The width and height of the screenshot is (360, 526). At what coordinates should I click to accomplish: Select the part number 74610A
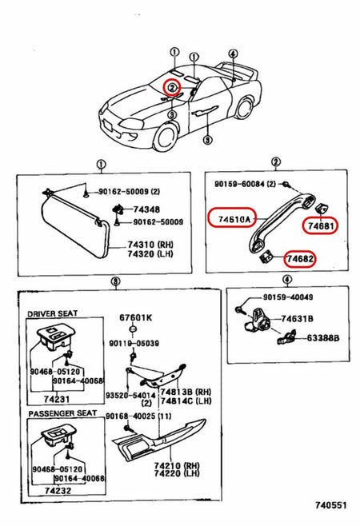pos(230,217)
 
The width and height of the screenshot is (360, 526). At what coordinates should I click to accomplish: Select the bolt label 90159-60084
pos(244,185)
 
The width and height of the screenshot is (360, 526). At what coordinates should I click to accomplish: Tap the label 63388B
pos(324,338)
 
